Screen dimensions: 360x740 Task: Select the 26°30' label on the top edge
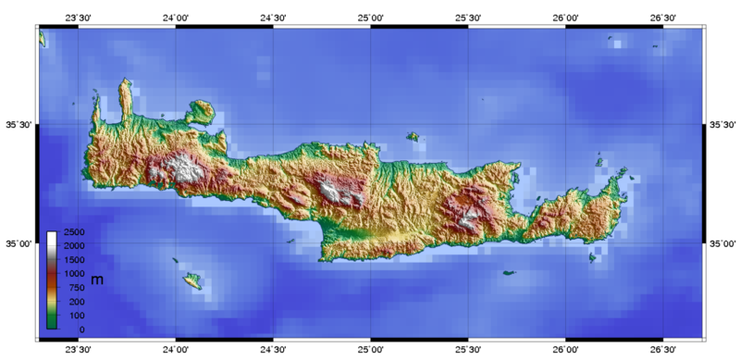pos(663,17)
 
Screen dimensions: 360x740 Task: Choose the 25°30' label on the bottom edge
pos(468,351)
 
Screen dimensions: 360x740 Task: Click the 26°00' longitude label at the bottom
pos(566,351)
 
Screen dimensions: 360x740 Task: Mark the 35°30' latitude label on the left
pos(19,125)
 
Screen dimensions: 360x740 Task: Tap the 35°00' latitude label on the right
pos(721,243)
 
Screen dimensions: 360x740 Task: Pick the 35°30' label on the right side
pos(721,125)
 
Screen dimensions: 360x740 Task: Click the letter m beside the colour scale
pos(95,279)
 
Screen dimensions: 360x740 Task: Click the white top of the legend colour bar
pos(52,236)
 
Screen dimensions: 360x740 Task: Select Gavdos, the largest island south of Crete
pos(193,279)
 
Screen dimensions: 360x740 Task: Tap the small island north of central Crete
pos(413,137)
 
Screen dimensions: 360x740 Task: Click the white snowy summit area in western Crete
pos(186,169)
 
